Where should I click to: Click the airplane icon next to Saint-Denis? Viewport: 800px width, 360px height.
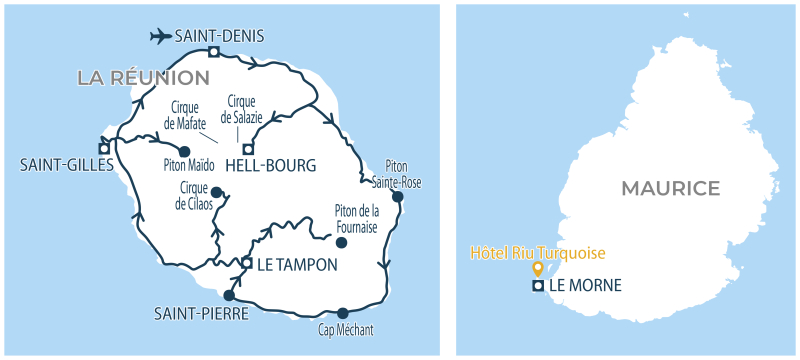pos(159,36)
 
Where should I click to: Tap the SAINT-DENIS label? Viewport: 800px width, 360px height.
pos(219,36)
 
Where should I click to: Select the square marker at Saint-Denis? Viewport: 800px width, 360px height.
pos(213,52)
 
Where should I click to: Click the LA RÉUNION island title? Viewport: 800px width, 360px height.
pos(144,77)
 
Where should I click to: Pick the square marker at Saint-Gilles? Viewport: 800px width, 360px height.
pos(104,144)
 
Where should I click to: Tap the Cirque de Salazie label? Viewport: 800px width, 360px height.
pos(244,109)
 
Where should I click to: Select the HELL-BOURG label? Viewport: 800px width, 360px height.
pos(271,165)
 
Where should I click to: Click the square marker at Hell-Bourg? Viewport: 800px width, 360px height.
pos(248,148)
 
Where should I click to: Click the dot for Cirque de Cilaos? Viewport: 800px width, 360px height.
pos(217,191)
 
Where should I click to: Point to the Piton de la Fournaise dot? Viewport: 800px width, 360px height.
pos(341,242)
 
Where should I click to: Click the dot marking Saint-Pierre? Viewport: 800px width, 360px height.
pos(229,296)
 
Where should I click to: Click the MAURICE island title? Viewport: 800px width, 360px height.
pos(670,188)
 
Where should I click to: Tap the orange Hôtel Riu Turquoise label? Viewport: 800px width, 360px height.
pos(538,254)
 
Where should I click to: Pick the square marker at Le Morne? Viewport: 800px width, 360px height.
pos(538,286)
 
